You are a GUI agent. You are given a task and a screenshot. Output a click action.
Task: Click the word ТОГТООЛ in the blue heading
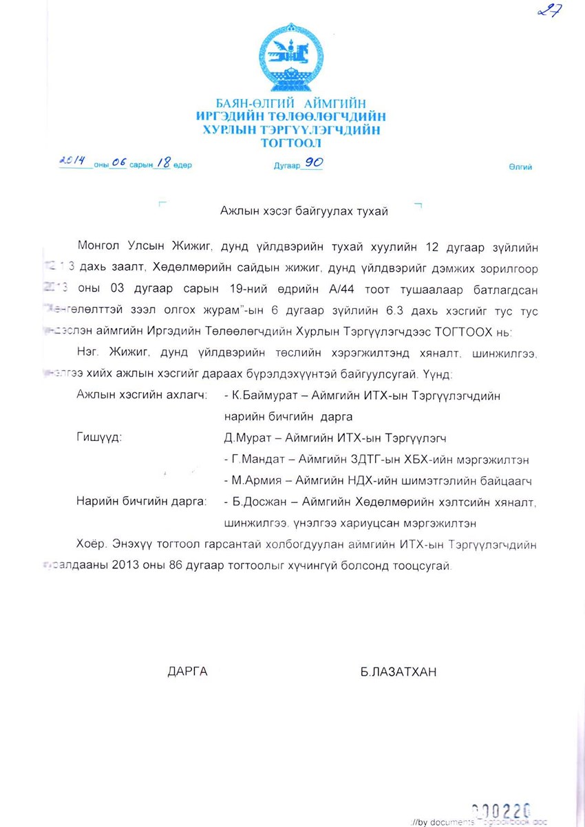pos(291,144)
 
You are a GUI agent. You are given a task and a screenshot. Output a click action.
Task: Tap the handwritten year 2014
pos(72,162)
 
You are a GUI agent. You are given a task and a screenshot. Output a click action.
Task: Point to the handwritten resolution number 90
pos(314,163)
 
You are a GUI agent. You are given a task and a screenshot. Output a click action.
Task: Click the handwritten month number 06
pos(119,163)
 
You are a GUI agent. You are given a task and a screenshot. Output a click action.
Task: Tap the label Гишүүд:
pos(99,438)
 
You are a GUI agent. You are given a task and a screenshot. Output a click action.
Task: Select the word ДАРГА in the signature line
pos(187,672)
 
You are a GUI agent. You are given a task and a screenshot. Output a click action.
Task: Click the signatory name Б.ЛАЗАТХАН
pos(398,672)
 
